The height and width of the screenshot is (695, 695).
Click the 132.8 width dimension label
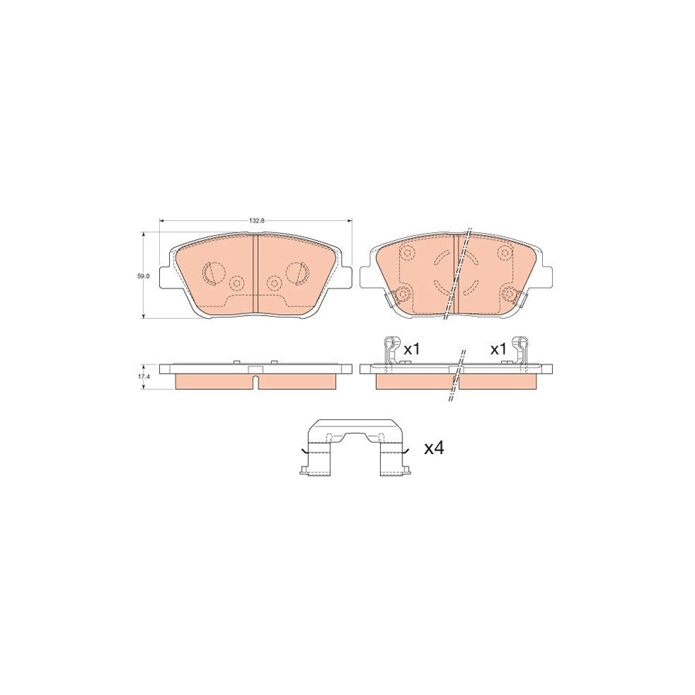tap(256, 221)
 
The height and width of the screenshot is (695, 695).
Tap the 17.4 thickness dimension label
tap(141, 376)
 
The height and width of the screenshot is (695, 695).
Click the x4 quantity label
tap(434, 447)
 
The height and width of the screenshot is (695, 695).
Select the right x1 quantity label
tap(498, 349)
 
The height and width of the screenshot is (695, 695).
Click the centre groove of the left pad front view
tap(256, 274)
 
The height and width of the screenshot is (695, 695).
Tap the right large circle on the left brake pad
tap(297, 272)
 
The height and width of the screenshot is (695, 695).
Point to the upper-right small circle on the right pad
tap(504, 253)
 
